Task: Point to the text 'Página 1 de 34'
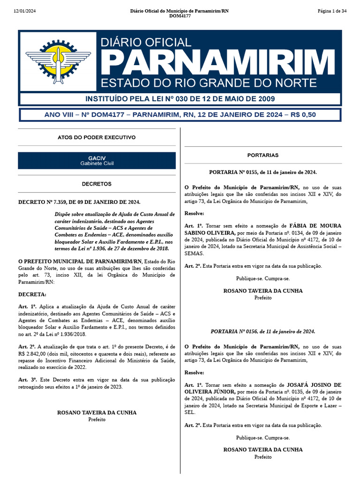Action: pos(331,11)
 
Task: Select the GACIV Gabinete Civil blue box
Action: pos(97,161)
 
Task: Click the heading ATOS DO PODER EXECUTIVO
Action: pos(97,137)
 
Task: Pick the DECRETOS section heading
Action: pos(97,184)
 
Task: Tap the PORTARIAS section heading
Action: pos(263,155)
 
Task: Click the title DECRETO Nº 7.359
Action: pos(79,202)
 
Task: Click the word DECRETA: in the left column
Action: pos(32,294)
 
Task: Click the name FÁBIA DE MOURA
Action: pos(315,225)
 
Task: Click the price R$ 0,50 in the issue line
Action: pos(303,115)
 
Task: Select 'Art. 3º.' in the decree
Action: pos(28,379)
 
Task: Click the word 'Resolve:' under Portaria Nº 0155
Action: pos(195,212)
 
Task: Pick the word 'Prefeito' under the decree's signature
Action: pos(97,420)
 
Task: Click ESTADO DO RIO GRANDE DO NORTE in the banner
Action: pos(209,83)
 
